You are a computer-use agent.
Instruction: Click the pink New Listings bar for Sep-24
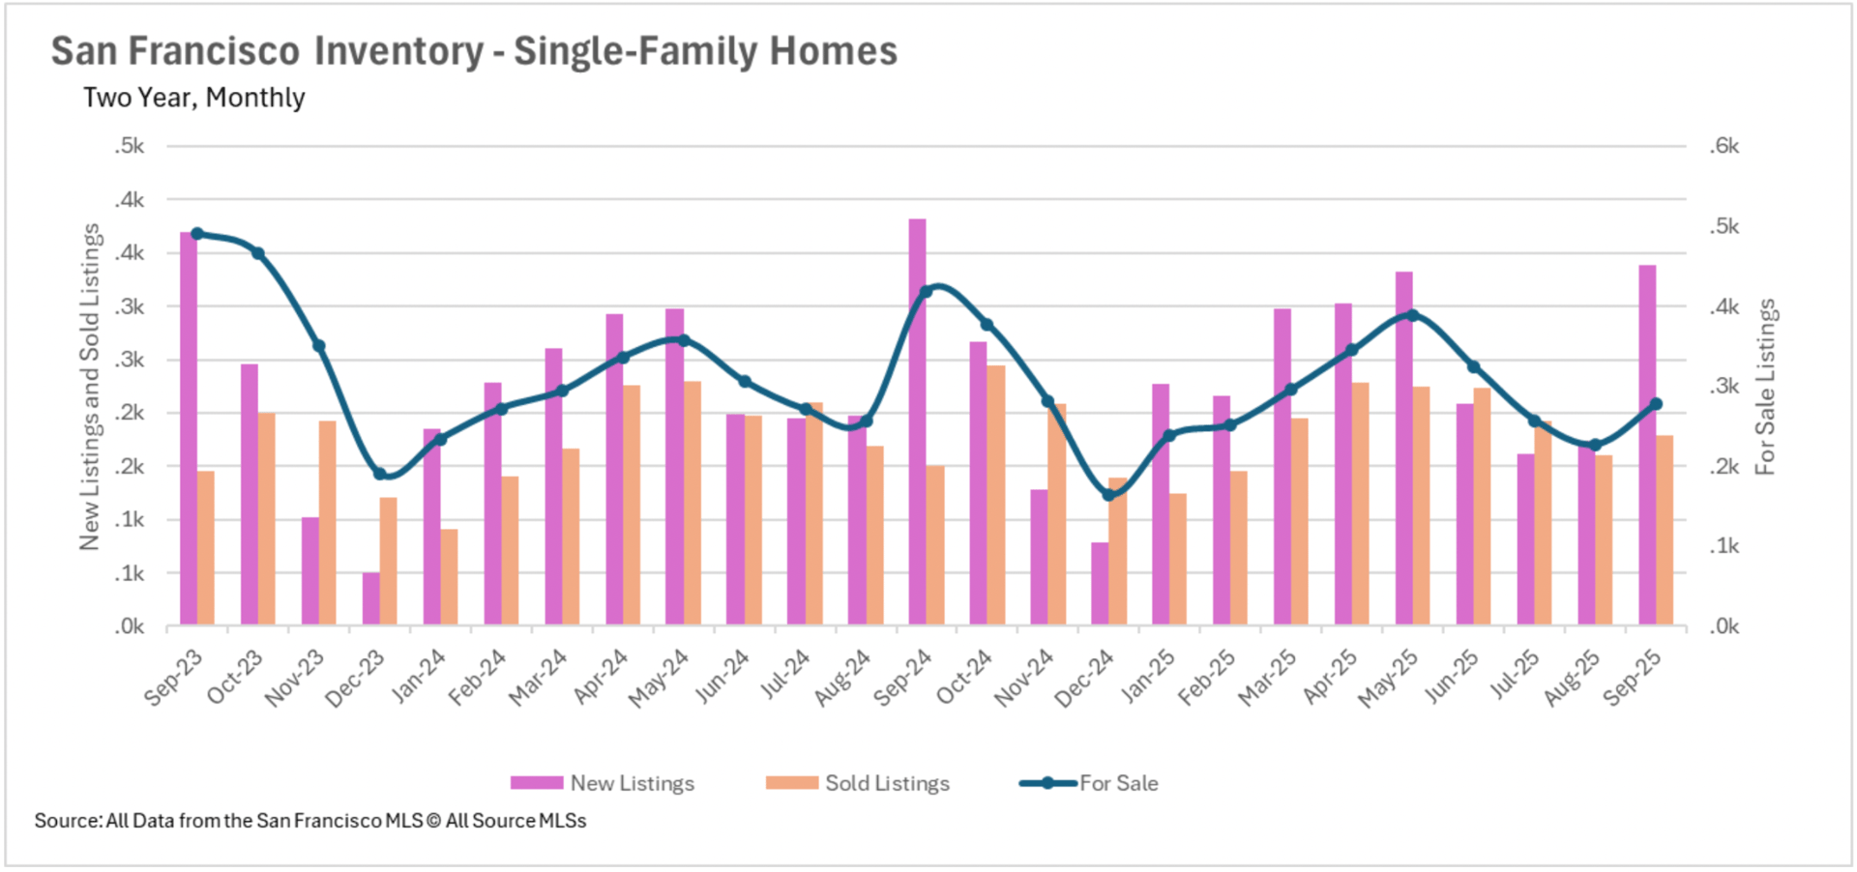(x=917, y=421)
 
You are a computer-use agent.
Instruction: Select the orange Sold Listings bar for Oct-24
(x=996, y=495)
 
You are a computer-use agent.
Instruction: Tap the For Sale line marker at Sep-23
(x=197, y=234)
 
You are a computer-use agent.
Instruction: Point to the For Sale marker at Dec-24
(x=1109, y=495)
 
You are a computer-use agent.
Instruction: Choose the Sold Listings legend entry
(x=858, y=783)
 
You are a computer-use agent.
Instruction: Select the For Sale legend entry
(x=1089, y=783)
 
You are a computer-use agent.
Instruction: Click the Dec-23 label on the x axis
(x=355, y=678)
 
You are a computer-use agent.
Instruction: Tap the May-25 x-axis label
(x=1388, y=678)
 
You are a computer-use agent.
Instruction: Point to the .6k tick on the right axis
(x=1724, y=146)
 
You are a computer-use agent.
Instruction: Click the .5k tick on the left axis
(x=129, y=146)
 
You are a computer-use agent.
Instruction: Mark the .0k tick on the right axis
(x=1724, y=626)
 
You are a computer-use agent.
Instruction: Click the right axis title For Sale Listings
(x=1766, y=387)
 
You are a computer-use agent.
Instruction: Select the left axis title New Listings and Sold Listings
(x=90, y=387)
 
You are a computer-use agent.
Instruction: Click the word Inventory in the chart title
(x=398, y=51)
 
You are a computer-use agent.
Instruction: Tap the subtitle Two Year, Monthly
(x=193, y=98)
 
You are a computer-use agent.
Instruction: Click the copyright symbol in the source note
(x=433, y=821)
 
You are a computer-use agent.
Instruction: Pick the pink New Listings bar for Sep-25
(x=1647, y=445)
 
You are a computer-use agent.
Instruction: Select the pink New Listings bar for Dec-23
(x=371, y=599)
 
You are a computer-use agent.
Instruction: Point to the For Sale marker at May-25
(x=1413, y=315)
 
